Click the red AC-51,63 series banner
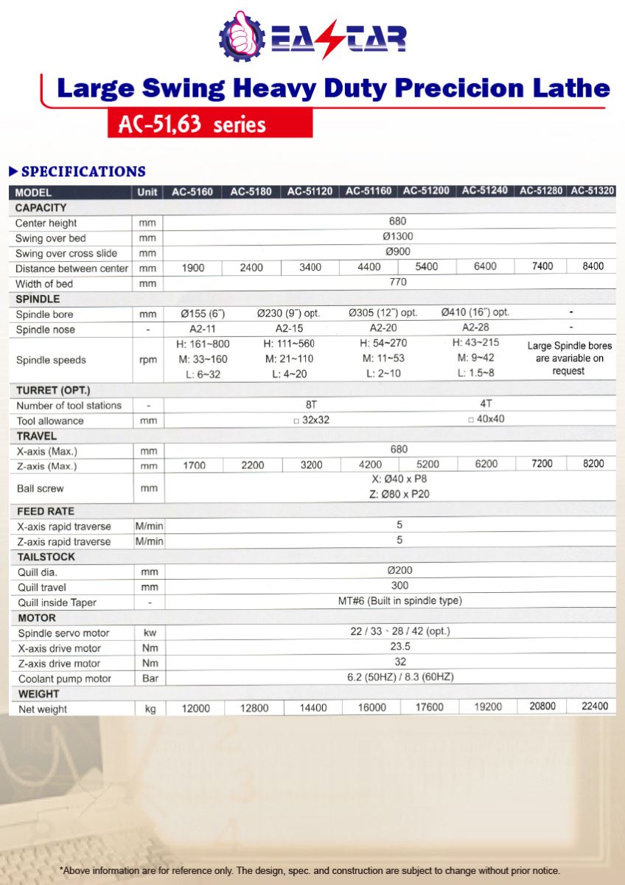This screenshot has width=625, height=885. point(209,123)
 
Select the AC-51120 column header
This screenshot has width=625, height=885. point(310,192)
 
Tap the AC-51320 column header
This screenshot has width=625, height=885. point(592,191)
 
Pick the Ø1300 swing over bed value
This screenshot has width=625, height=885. point(398,237)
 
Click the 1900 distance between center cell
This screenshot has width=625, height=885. point(193,268)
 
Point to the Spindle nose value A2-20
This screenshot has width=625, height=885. point(383,328)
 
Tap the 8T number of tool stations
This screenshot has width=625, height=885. point(310,404)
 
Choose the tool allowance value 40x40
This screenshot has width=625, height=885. point(486,419)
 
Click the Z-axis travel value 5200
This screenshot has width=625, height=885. point(427,465)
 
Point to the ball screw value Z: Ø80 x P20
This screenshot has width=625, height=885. point(399,494)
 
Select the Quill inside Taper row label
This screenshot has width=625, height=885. point(57,603)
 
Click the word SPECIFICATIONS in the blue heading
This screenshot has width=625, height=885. point(83,172)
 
